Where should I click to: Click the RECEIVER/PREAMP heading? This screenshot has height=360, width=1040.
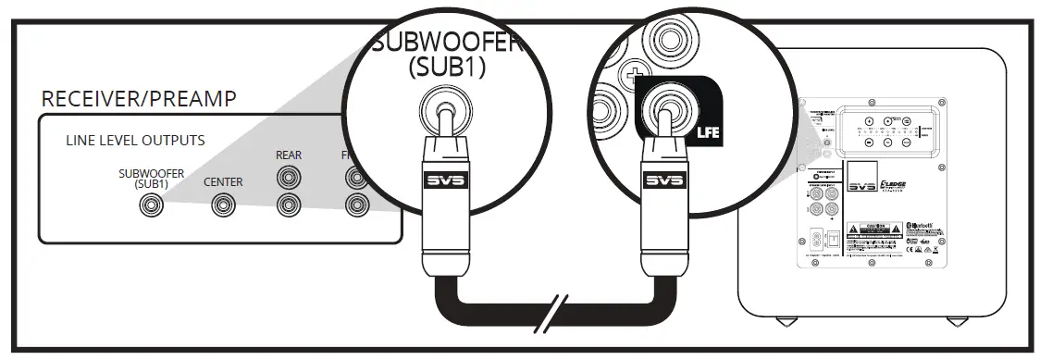(x=139, y=99)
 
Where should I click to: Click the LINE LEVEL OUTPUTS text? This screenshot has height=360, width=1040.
(x=135, y=141)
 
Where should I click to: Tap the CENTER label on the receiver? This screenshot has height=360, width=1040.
(x=223, y=181)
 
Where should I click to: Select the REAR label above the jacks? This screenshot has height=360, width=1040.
(x=289, y=155)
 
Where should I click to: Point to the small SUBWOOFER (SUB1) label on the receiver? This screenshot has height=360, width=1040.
(x=152, y=178)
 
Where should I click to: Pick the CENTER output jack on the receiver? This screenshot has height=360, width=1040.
(x=223, y=206)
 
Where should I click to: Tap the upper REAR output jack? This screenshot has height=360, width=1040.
(x=289, y=176)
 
